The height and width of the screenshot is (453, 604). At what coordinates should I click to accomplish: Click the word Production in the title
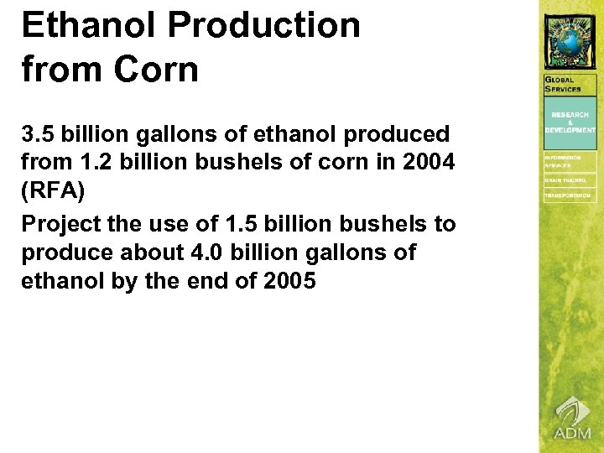pyautogui.click(x=264, y=25)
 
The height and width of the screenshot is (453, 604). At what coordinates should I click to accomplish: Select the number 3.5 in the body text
pyautogui.click(x=37, y=133)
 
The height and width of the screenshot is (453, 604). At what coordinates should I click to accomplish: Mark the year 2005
pyautogui.click(x=289, y=281)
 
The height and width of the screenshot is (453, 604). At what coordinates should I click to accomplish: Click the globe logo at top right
pyautogui.click(x=570, y=38)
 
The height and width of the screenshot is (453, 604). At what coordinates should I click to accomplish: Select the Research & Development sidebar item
pyautogui.click(x=570, y=122)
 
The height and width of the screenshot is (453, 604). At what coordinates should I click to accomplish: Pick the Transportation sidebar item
pyautogui.click(x=568, y=196)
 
